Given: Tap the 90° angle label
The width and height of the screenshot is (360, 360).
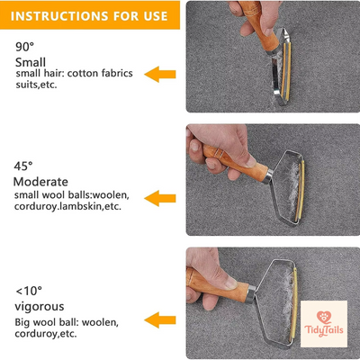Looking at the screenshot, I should pyautogui.click(x=24, y=46).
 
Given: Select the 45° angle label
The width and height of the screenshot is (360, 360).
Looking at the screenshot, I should pyautogui.click(x=24, y=166).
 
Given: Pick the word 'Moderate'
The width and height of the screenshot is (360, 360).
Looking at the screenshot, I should pyautogui.click(x=40, y=182).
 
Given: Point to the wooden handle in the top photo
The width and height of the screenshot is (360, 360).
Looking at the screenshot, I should pyautogui.click(x=267, y=37).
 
